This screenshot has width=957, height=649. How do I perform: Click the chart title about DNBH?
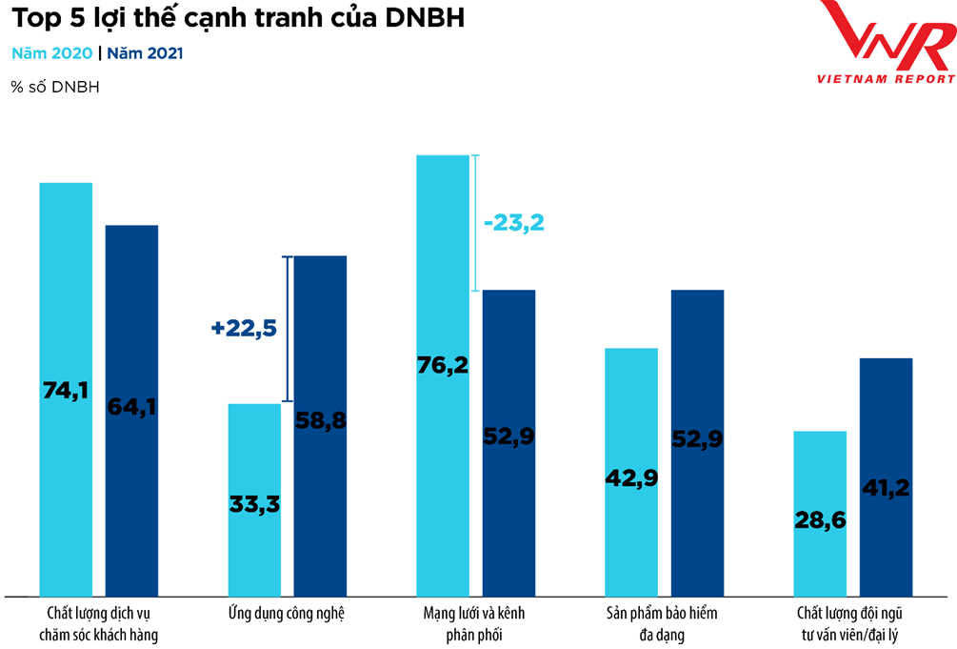[237, 19]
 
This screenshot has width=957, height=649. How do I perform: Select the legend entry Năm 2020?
[51, 53]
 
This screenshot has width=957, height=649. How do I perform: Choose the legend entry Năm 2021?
[145, 53]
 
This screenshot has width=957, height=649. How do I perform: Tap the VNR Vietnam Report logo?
[887, 43]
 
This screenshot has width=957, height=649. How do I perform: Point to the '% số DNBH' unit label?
[55, 88]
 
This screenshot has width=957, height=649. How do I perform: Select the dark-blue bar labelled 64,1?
[131, 410]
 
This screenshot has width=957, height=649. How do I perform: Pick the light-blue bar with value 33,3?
[254, 500]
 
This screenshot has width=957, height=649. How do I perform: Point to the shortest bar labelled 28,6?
[820, 515]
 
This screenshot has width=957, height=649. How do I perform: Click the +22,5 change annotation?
[244, 328]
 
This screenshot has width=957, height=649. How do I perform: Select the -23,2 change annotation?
[514, 223]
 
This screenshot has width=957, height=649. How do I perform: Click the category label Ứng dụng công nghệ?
[287, 614]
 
